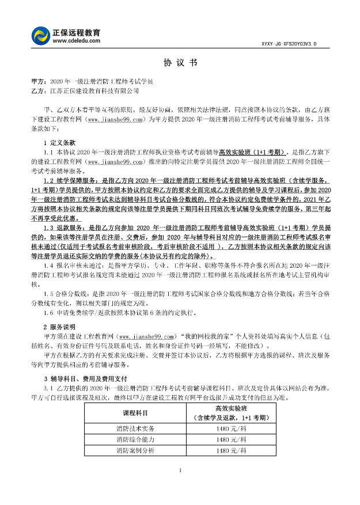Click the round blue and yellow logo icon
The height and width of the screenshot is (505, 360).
(41, 35)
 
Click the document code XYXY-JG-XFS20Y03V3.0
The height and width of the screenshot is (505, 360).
(296, 43)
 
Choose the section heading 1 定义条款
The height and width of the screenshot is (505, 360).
(59, 142)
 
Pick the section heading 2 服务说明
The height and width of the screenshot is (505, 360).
(59, 326)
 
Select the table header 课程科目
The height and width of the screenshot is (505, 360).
(136, 413)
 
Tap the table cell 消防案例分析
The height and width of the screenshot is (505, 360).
(136, 450)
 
